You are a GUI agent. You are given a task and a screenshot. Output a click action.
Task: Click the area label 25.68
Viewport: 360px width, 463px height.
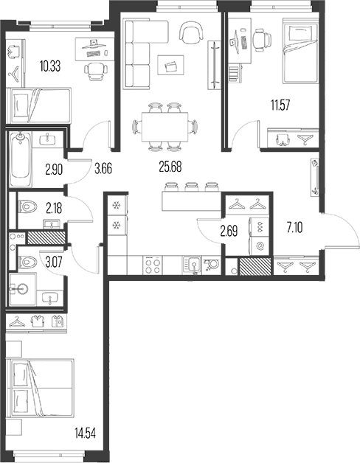tap(170, 167)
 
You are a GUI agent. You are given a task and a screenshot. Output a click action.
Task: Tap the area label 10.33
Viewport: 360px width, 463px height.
tap(50, 66)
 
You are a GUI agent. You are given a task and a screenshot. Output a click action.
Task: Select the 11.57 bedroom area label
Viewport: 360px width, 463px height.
tap(280, 105)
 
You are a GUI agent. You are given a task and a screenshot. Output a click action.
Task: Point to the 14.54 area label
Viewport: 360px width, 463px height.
tap(85, 434)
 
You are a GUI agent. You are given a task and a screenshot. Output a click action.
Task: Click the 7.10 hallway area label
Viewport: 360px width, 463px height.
tap(294, 228)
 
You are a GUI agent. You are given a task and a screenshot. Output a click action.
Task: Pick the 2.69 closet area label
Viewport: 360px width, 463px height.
tap(229, 231)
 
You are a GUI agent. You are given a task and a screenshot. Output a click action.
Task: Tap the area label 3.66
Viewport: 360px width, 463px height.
tap(103, 169)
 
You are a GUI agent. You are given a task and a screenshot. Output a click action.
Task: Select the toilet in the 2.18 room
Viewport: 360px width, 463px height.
tap(27, 206)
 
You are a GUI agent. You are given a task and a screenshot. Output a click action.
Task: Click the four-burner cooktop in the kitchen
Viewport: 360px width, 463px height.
tap(153, 265)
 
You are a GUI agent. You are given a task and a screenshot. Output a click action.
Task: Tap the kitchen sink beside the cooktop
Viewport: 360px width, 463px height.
tap(192, 265)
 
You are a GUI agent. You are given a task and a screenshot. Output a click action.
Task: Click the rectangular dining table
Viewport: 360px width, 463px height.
tap(165, 127)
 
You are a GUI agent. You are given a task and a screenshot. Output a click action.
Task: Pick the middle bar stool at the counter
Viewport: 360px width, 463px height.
tap(191, 187)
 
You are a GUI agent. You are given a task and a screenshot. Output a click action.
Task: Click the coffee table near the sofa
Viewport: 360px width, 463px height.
tap(170, 66)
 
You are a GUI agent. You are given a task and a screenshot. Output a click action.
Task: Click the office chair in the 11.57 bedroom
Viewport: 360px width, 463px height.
tap(262, 40)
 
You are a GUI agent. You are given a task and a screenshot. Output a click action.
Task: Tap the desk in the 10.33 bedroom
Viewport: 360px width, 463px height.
tap(94, 49)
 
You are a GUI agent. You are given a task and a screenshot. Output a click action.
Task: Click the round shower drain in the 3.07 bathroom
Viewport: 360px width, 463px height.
tap(21, 288)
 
